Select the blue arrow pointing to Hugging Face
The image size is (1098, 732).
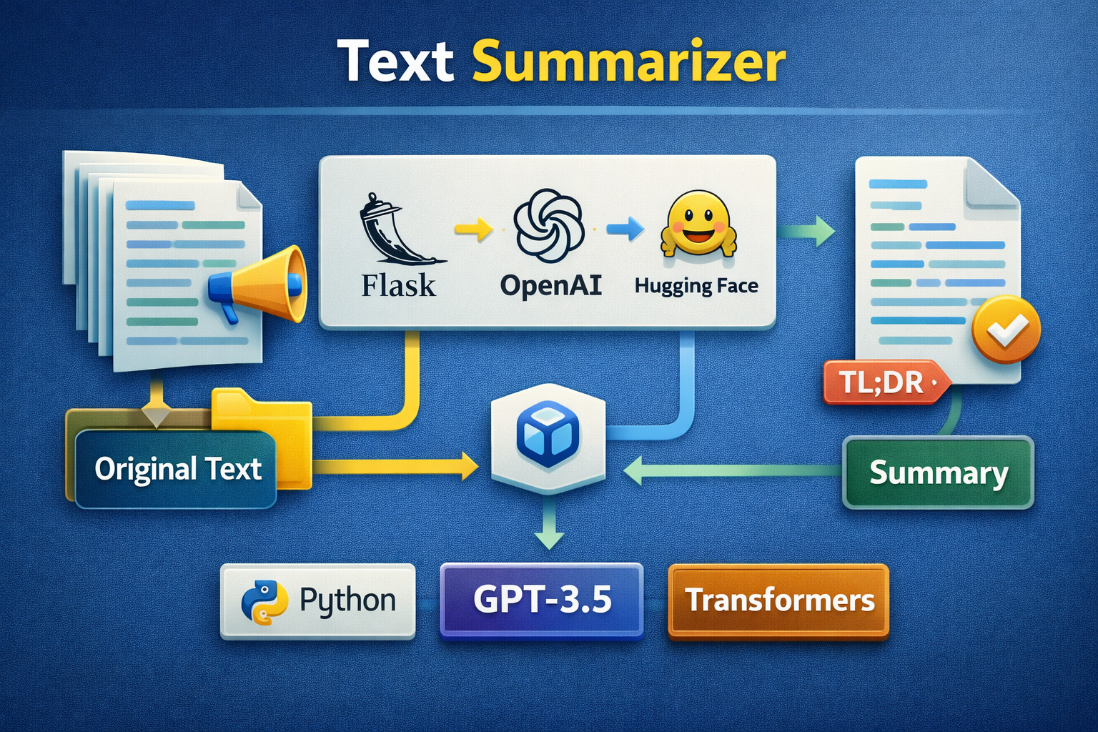click(x=625, y=229)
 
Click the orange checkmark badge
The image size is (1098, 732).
click(x=1006, y=329)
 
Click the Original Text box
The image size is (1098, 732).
click(x=176, y=469)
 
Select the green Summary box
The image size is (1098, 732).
click(x=938, y=473)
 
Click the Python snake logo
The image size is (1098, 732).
click(x=264, y=603)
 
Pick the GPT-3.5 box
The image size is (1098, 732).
click(x=542, y=601)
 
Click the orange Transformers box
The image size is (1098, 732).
click(x=778, y=602)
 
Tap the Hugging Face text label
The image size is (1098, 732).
click(x=696, y=286)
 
